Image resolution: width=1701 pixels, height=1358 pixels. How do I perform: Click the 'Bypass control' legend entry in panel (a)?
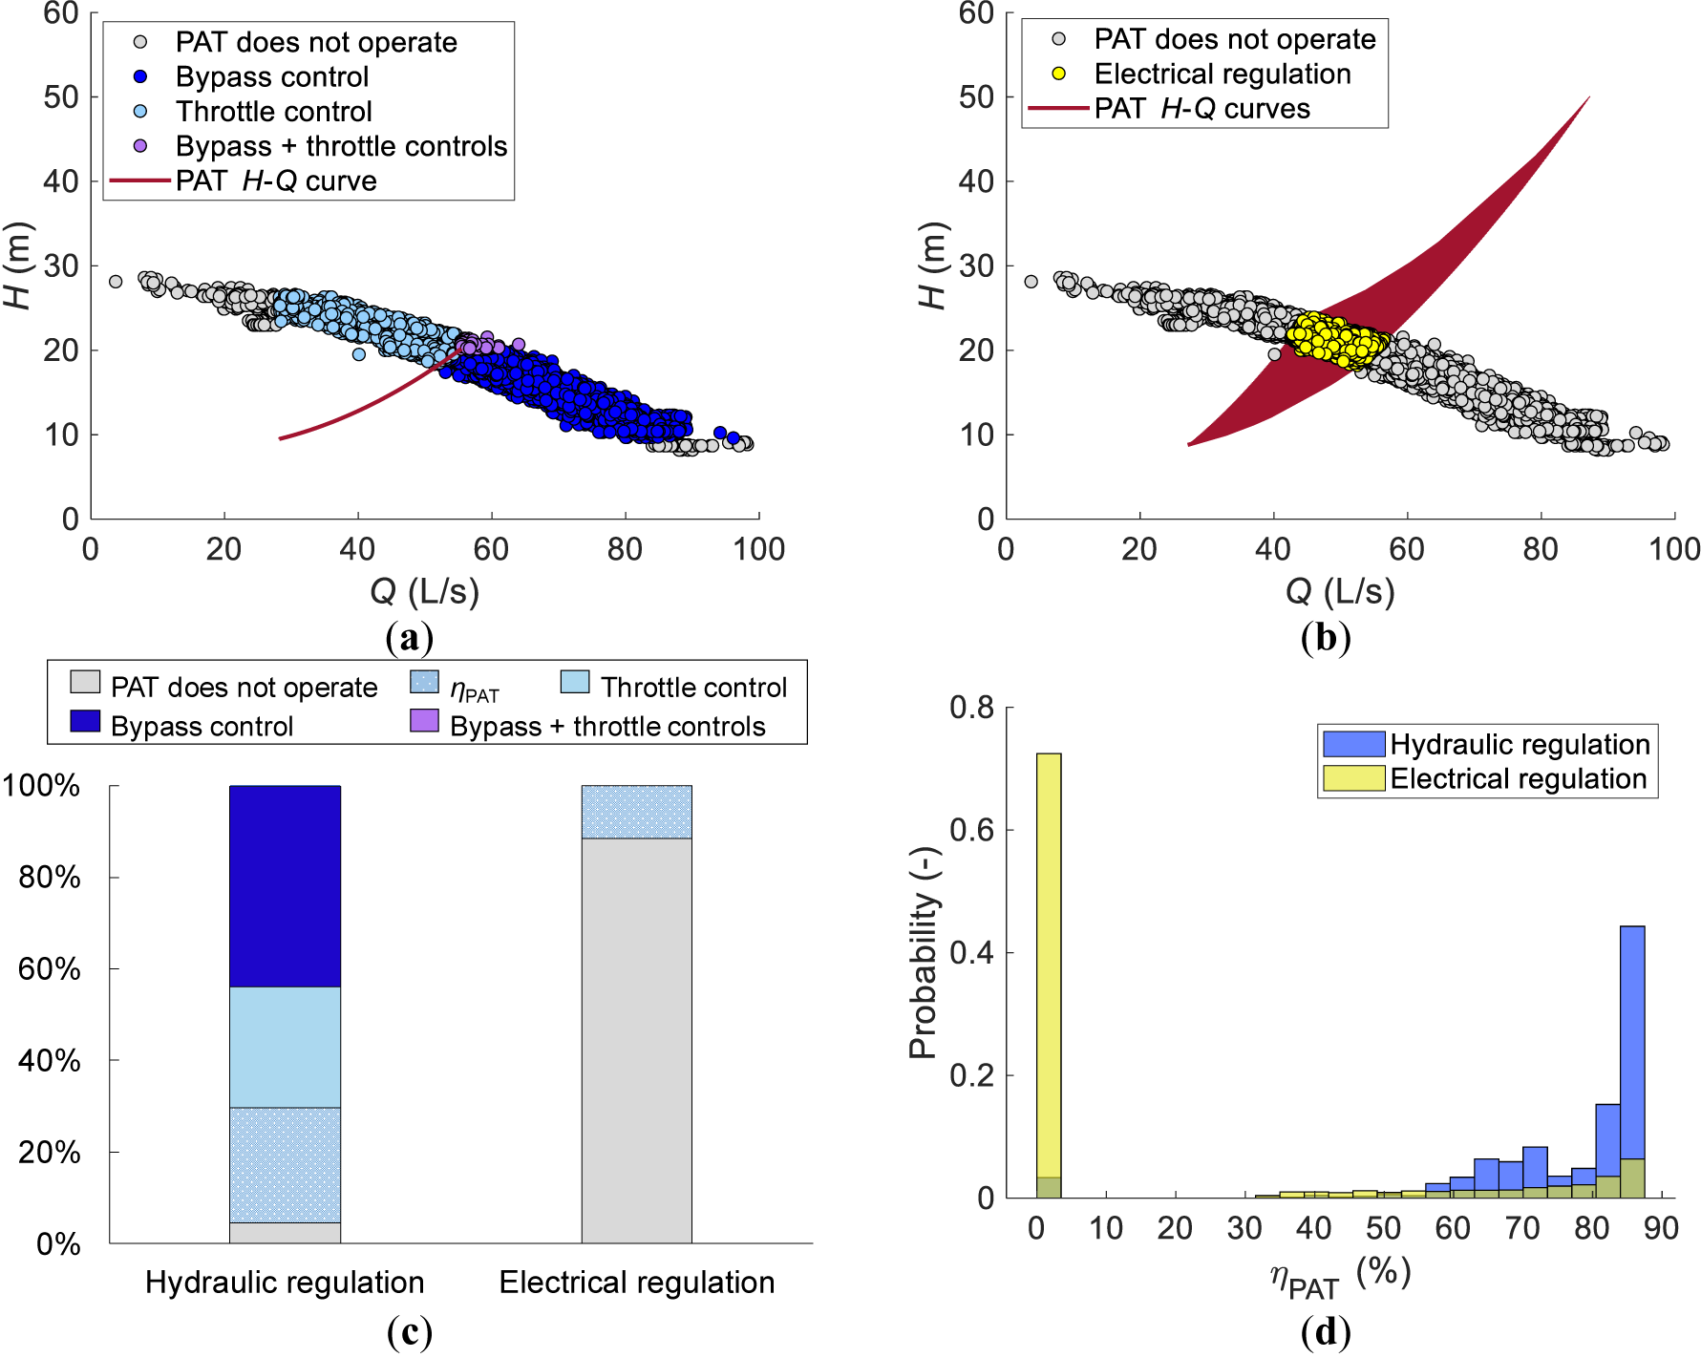(x=271, y=77)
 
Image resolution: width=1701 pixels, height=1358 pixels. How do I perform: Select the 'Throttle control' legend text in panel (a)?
(x=273, y=112)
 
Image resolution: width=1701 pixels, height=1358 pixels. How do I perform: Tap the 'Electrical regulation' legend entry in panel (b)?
(x=1222, y=74)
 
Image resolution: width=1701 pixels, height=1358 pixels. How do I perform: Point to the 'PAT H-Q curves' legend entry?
(x=1201, y=109)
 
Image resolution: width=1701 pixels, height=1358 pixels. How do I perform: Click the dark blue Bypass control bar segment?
(x=285, y=886)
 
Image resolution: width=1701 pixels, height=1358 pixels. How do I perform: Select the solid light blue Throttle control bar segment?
(x=285, y=1047)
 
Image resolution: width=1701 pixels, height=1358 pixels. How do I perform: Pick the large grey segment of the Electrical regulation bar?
(x=636, y=1040)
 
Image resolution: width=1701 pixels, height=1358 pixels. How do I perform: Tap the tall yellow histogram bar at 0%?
(x=1048, y=965)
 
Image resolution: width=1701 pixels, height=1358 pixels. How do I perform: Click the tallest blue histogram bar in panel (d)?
(x=1632, y=1041)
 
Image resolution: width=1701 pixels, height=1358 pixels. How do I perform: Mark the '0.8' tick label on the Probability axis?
(x=971, y=708)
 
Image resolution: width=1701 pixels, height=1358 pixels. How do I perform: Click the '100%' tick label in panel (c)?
(x=41, y=786)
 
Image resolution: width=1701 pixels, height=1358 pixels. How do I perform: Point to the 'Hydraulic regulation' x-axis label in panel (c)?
(x=285, y=1283)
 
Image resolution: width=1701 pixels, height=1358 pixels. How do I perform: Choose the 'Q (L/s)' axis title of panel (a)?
(x=424, y=592)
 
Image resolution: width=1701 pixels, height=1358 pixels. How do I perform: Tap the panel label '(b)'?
(x=1325, y=637)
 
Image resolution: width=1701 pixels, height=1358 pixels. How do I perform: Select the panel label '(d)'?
(x=1325, y=1330)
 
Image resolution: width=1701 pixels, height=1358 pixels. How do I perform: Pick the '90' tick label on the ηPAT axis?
(x=1661, y=1228)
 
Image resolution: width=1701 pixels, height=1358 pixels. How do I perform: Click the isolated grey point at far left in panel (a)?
(x=116, y=282)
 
